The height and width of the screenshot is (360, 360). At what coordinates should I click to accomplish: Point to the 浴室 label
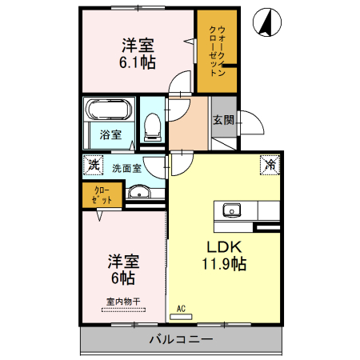click(111, 134)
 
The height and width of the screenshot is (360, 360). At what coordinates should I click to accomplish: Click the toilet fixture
click(152, 123)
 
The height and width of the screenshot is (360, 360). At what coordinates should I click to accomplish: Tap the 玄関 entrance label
click(223, 120)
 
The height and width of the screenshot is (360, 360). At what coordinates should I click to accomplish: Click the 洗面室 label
click(126, 168)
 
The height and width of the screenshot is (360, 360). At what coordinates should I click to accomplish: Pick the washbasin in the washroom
click(140, 191)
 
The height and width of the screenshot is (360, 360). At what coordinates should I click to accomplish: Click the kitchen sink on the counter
click(232, 210)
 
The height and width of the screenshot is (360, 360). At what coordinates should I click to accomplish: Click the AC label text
click(181, 307)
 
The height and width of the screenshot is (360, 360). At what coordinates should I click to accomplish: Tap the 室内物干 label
click(122, 302)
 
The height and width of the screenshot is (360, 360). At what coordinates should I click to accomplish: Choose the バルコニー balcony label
click(181, 340)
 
